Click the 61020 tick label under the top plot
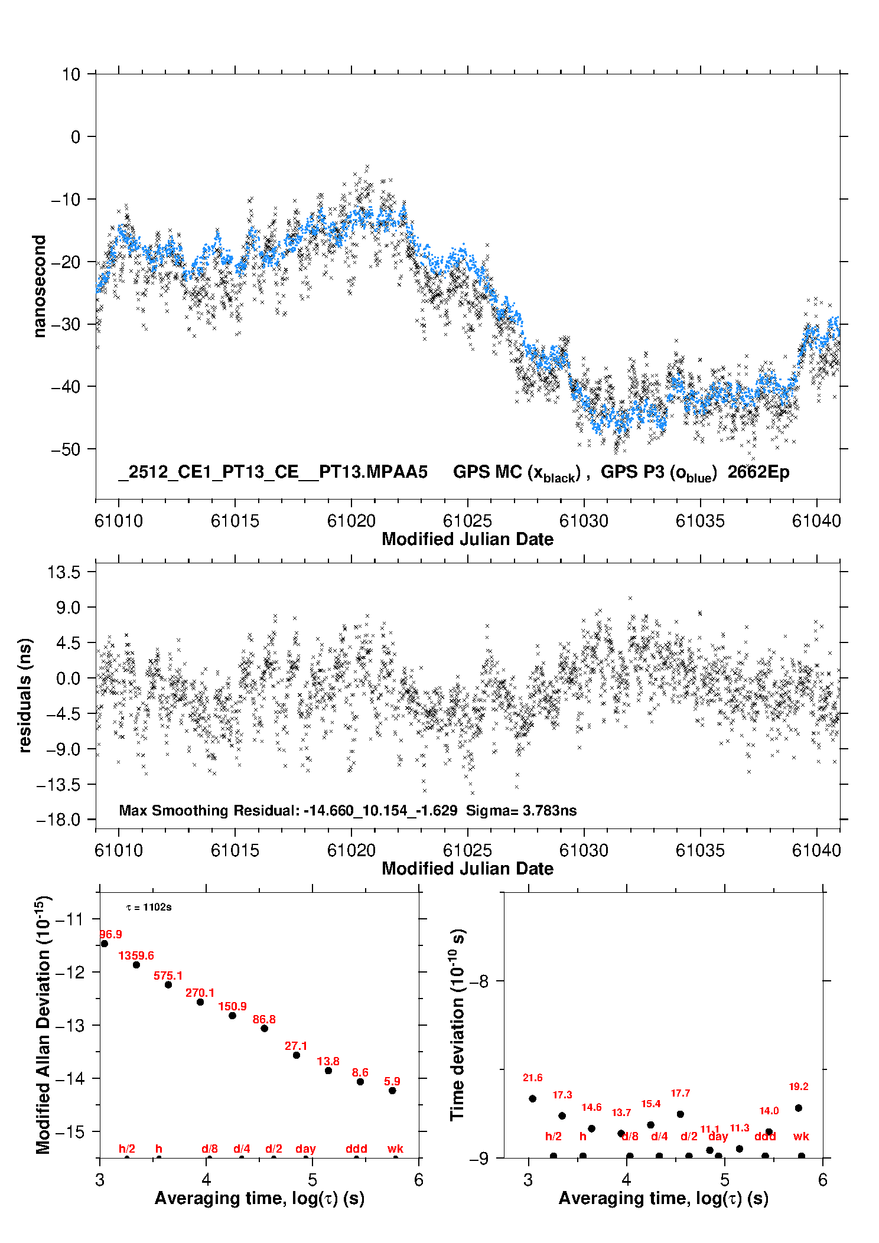[x=351, y=521]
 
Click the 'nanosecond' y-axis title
[x=39, y=286]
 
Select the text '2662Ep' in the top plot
[x=758, y=472]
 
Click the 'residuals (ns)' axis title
[x=25, y=695]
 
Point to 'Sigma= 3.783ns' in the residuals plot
[x=521, y=810]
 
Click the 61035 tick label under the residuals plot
[x=700, y=850]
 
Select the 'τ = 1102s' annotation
[x=149, y=907]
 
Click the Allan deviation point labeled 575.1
[x=168, y=984]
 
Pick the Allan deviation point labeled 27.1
[x=297, y=1055]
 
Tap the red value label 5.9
[x=392, y=1081]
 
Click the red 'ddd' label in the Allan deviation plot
[x=356, y=1149]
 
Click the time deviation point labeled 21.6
[x=532, y=1098]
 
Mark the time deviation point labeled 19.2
[x=799, y=1108]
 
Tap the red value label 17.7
[x=680, y=1093]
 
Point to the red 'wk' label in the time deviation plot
[x=801, y=1136]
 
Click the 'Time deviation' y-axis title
[x=458, y=1025]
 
